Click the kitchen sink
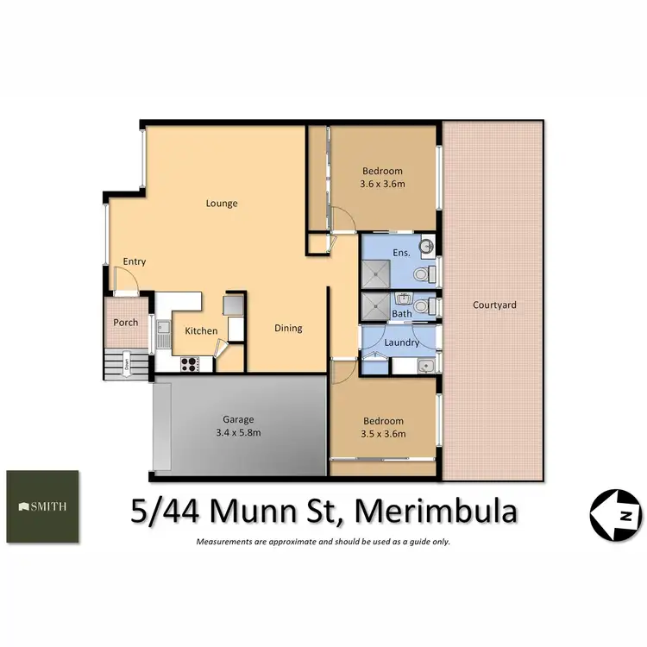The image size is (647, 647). coord(161,328)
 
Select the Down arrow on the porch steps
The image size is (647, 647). coord(126,362)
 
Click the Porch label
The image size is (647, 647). coord(126,323)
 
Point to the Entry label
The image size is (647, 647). coord(134,262)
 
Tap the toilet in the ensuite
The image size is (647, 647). coord(422,274)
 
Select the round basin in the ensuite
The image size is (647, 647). coord(425,249)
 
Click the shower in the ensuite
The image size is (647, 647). coord(375,274)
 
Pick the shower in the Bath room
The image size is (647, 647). coord(375,305)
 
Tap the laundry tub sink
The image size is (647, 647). coord(424,366)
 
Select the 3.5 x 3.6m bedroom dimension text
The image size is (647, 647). coord(381,434)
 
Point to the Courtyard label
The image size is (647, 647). coord(494,305)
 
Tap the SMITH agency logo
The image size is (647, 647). coord(43,506)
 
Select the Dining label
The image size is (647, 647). coord(288,328)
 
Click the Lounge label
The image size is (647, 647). coord(222,204)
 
